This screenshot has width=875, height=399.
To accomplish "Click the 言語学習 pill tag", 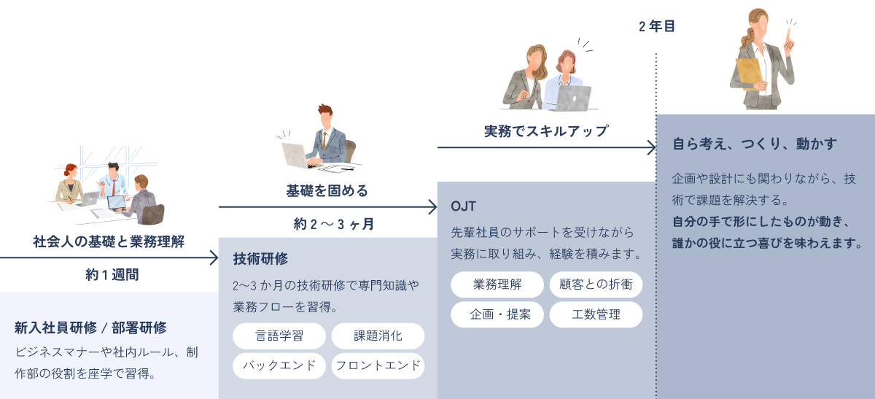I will [x=279, y=336].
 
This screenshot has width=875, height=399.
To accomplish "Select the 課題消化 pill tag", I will [x=378, y=336].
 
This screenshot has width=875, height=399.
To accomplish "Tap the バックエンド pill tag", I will [x=279, y=365].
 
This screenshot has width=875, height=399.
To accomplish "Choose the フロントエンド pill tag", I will [x=378, y=365].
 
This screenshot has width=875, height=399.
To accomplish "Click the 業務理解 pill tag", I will [x=497, y=284].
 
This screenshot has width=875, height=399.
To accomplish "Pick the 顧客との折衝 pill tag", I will [x=596, y=284].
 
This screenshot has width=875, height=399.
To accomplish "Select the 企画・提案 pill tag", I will [x=497, y=314].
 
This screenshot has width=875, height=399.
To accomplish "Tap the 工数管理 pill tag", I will [x=596, y=314].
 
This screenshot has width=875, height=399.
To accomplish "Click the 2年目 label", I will [x=656, y=27].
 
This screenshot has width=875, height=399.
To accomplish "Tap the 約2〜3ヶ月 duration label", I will [x=334, y=224].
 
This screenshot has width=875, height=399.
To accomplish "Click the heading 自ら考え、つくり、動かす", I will [x=754, y=144].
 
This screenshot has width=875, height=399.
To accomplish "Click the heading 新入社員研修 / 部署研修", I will [x=90, y=328].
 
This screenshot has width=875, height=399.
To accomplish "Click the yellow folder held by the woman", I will [x=748, y=74].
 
